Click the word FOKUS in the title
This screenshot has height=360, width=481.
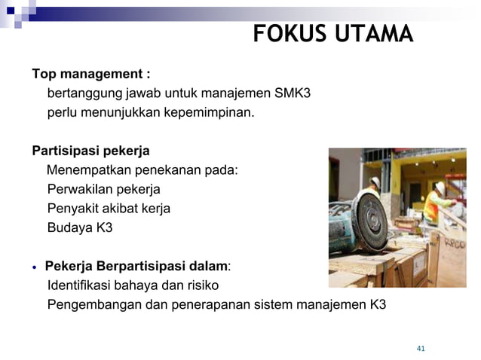(x=285, y=35)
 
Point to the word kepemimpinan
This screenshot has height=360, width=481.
(x=210, y=114)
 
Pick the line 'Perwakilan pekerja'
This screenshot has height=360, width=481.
(x=103, y=189)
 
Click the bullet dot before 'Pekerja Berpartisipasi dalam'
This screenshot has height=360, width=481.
(x=35, y=267)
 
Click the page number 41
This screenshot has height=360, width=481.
(x=421, y=348)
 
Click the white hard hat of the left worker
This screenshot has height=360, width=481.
(x=375, y=182)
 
